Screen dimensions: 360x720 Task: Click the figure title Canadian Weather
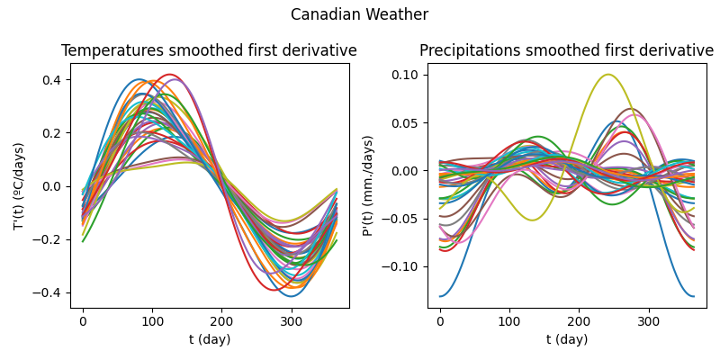coord(359,15)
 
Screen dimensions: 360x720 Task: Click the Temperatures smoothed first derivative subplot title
coord(209,51)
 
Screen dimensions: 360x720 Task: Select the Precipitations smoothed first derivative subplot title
coord(566,51)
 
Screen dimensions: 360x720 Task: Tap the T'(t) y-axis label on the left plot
coord(19,185)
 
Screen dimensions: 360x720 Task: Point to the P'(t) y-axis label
coord(368,185)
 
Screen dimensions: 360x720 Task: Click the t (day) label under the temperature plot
coord(209,339)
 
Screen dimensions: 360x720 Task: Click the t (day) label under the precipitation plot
coord(566,339)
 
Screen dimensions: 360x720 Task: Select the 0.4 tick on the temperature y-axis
coord(52,80)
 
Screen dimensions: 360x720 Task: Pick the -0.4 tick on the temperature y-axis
coord(49,292)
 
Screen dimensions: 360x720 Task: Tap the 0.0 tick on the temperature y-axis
coord(52,186)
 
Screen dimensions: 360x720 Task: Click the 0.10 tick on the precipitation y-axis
coord(406,75)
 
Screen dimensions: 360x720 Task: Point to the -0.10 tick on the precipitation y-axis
coord(402,266)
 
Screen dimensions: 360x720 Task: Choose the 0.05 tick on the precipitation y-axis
coord(406,122)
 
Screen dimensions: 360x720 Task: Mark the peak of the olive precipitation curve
coord(608,75)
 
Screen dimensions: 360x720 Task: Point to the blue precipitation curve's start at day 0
coord(441,296)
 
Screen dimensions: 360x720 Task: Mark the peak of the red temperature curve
coord(169,75)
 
